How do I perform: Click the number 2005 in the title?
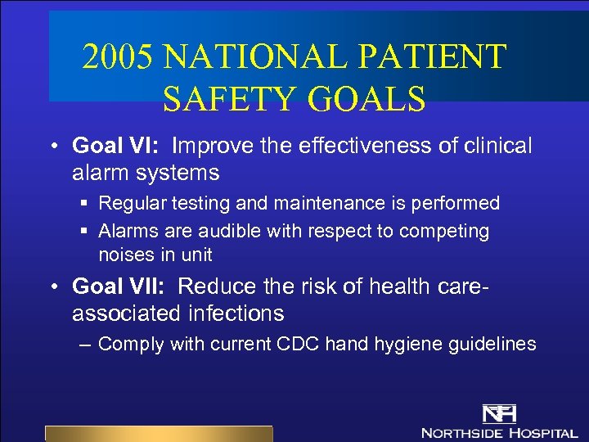[x=118, y=57]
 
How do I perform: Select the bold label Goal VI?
[x=118, y=146]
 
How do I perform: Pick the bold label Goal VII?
[x=122, y=286]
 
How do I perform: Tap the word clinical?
[x=492, y=146]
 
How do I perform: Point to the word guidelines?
[x=493, y=344]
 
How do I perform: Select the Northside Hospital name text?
[x=499, y=431]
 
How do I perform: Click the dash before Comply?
[x=86, y=345]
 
